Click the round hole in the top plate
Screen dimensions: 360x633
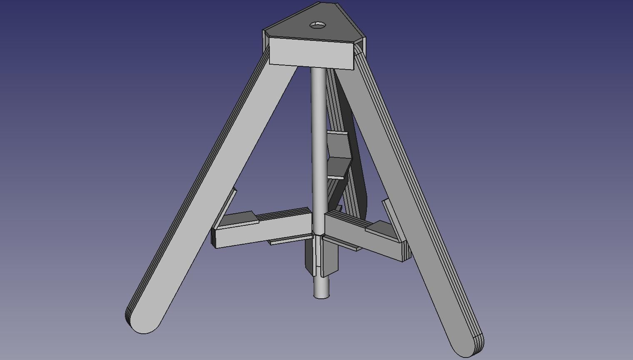pyautogui.click(x=318, y=25)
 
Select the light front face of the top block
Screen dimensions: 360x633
pyautogui.click(x=311, y=53)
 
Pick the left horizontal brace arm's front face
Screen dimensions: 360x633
pyautogui.click(x=262, y=233)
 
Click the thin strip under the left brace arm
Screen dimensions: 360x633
pyautogui.click(x=287, y=241)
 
